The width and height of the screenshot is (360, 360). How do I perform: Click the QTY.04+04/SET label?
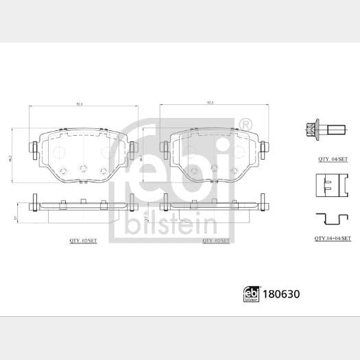pos(333,238)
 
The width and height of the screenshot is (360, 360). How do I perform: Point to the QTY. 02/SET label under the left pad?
pos(84,241)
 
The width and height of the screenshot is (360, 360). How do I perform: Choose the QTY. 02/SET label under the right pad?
pos(217,241)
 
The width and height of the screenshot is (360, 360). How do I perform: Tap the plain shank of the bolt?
pos(338,128)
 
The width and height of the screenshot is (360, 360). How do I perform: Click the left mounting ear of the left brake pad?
pos(33,148)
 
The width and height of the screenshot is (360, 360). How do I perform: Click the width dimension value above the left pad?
pos(80,105)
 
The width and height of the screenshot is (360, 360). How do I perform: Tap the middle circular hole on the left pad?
pos(83,169)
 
